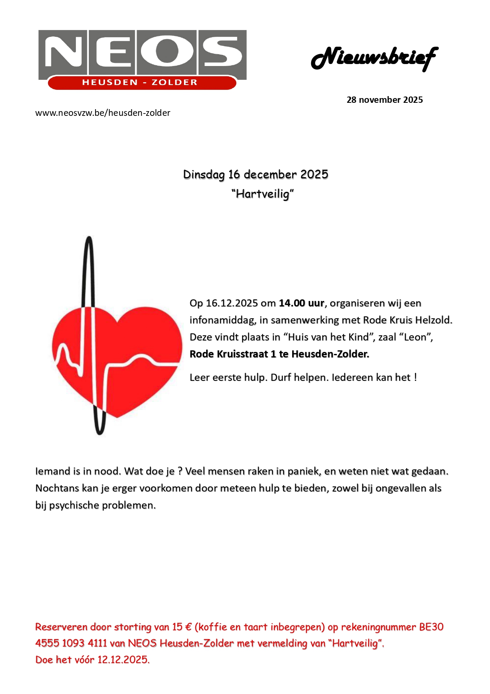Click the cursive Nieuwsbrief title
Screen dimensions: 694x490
coord(374,58)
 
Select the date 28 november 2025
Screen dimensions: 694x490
coord(384,100)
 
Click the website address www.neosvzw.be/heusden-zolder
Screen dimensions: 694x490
coord(103,113)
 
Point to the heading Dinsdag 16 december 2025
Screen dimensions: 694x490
coord(255,174)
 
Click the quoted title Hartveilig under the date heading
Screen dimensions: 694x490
coord(263,194)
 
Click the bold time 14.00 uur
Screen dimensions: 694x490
coord(301,303)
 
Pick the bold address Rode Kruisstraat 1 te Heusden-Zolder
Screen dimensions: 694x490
coord(279,354)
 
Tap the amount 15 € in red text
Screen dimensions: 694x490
coord(182,627)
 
